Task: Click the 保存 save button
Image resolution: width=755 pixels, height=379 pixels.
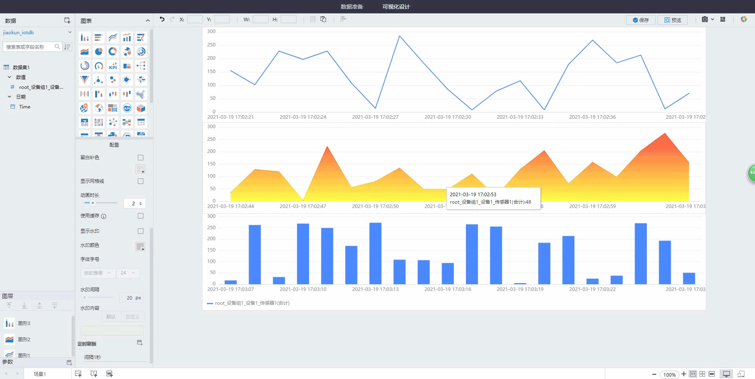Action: click(641, 20)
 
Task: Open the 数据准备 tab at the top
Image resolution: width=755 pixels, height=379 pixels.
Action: click(352, 7)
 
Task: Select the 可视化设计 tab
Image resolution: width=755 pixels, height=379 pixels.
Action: click(396, 7)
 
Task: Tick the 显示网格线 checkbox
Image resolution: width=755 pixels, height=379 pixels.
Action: click(140, 181)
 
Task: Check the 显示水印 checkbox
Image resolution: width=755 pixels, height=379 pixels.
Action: click(140, 231)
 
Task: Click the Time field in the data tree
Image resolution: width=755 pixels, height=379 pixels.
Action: click(24, 107)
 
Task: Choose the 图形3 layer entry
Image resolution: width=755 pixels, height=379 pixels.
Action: click(24, 324)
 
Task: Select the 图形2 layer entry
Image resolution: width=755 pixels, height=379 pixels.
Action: click(24, 340)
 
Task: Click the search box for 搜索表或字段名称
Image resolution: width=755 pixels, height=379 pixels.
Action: click(29, 47)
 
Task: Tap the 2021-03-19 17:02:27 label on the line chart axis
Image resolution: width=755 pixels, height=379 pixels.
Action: click(375, 117)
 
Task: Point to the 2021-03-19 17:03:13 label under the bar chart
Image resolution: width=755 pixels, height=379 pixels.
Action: click(375, 289)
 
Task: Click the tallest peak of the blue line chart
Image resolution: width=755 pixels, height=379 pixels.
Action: click(400, 36)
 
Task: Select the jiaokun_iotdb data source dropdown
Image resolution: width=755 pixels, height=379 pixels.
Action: click(37, 33)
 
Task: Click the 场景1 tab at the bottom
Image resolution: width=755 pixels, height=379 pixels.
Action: click(40, 374)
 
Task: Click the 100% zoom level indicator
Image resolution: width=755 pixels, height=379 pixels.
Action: click(669, 375)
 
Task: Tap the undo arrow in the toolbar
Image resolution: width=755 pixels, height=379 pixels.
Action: click(162, 19)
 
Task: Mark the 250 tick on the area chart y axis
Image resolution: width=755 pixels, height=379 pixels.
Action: click(212, 139)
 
